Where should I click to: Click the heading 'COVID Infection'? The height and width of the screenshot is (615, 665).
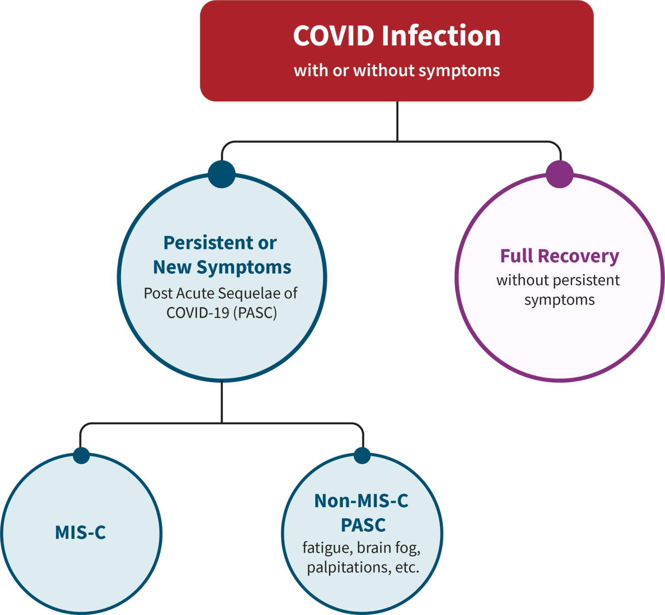pyautogui.click(x=397, y=36)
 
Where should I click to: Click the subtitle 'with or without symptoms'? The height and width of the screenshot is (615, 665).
pyautogui.click(x=397, y=70)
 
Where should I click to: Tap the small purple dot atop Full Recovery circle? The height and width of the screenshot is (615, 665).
pyautogui.click(x=559, y=174)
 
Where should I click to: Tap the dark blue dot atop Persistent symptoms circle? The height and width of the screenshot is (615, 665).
pyautogui.click(x=222, y=174)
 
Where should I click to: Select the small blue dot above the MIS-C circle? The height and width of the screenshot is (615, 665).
pyautogui.click(x=81, y=455)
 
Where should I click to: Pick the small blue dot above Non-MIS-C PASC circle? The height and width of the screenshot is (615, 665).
pyautogui.click(x=362, y=455)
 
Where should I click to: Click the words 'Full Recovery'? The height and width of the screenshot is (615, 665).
pyautogui.click(x=559, y=256)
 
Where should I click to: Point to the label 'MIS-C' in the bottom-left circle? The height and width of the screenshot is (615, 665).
pyautogui.click(x=81, y=532)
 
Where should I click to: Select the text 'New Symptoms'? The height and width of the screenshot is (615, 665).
pyautogui.click(x=222, y=267)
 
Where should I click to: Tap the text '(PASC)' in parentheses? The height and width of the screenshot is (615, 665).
pyautogui.click(x=255, y=312)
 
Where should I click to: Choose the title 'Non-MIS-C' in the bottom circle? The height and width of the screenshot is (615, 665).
pyautogui.click(x=361, y=501)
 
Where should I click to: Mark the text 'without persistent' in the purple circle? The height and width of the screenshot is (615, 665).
pyautogui.click(x=558, y=280)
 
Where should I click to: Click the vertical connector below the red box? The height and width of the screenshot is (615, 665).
pyautogui.click(x=397, y=121)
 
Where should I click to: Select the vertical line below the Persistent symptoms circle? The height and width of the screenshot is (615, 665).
pyautogui.click(x=222, y=402)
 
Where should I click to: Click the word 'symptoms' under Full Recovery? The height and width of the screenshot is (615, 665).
pyautogui.click(x=559, y=300)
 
